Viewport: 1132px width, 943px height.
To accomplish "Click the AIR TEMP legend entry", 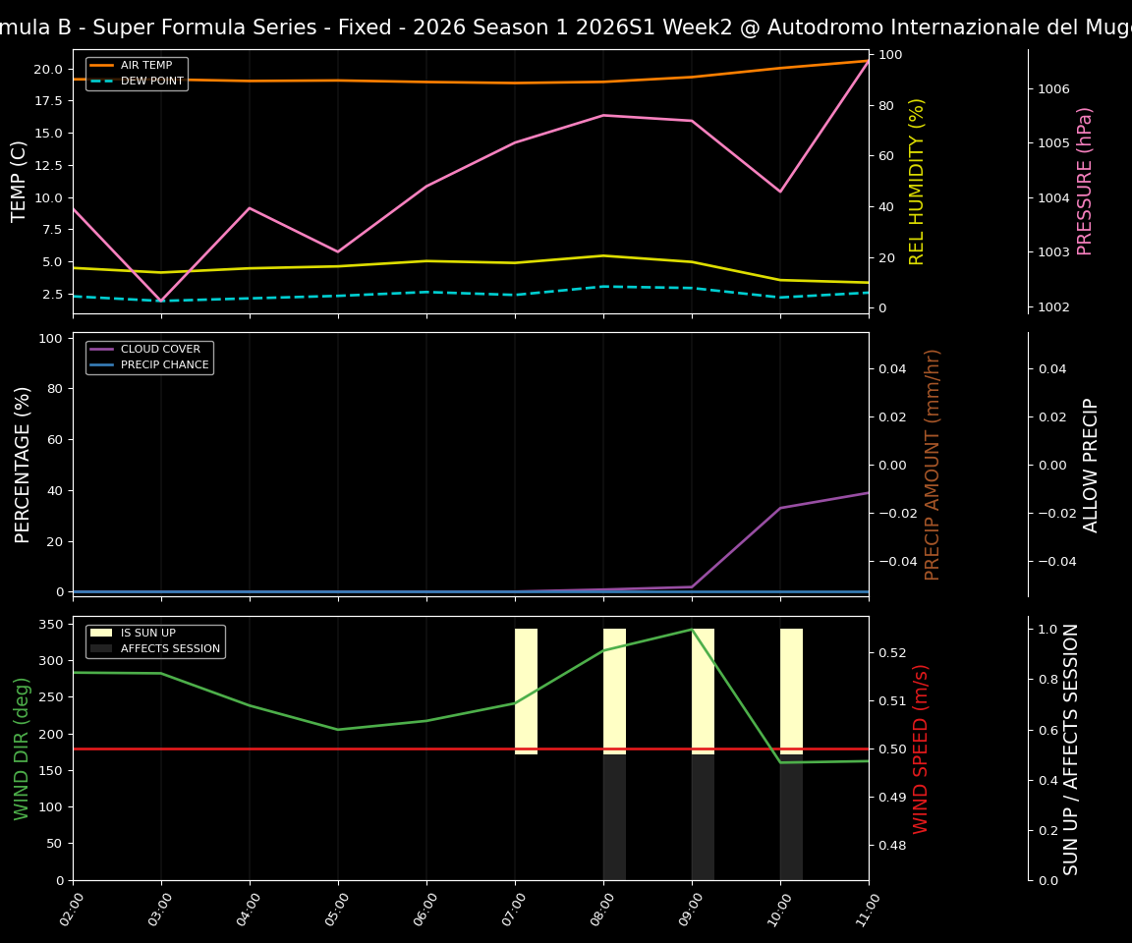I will pyautogui.click(x=145, y=66).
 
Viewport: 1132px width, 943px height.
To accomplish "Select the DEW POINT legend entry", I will pyautogui.click(x=151, y=82).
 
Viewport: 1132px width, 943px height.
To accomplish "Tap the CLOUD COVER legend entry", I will pyautogui.click(x=160, y=350).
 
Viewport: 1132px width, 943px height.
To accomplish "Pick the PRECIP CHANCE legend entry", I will pyautogui.click(x=164, y=365).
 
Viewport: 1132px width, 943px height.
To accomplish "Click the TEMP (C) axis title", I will pyautogui.click(x=21, y=181).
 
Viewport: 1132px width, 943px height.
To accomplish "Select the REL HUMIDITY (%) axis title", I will pyautogui.click(x=918, y=181).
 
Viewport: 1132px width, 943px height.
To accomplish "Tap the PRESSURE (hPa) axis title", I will pyautogui.click(x=1085, y=181).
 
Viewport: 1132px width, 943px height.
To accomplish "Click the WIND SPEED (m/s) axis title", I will pyautogui.click(x=921, y=749).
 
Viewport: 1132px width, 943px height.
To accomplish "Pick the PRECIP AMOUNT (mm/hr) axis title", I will pyautogui.click(x=933, y=464).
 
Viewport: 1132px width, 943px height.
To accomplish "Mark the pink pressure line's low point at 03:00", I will pyautogui.click(x=161, y=302).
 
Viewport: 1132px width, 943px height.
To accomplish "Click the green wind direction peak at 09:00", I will pyautogui.click(x=692, y=630).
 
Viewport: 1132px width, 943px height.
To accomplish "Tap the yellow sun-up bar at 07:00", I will pyautogui.click(x=526, y=692).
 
